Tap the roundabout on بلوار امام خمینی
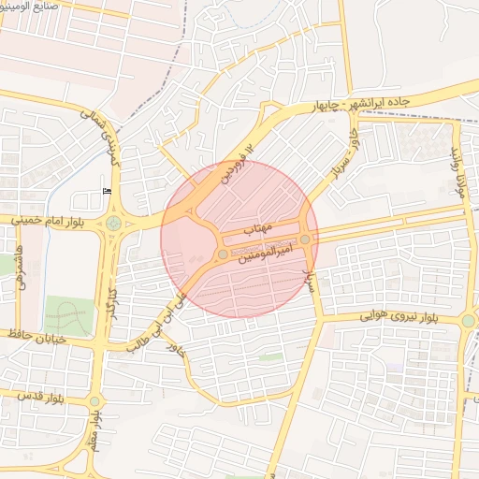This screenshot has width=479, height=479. [114, 224]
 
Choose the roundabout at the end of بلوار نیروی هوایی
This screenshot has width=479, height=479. [467, 321]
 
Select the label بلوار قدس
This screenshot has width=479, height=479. [40, 398]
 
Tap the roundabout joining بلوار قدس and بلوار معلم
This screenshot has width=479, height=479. [94, 401]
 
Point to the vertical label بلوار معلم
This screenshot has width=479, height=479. [94, 438]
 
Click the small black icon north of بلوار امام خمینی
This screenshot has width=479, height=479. [106, 191]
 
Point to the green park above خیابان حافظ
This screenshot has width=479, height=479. [68, 316]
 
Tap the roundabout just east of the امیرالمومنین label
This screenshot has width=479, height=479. [305, 239]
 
